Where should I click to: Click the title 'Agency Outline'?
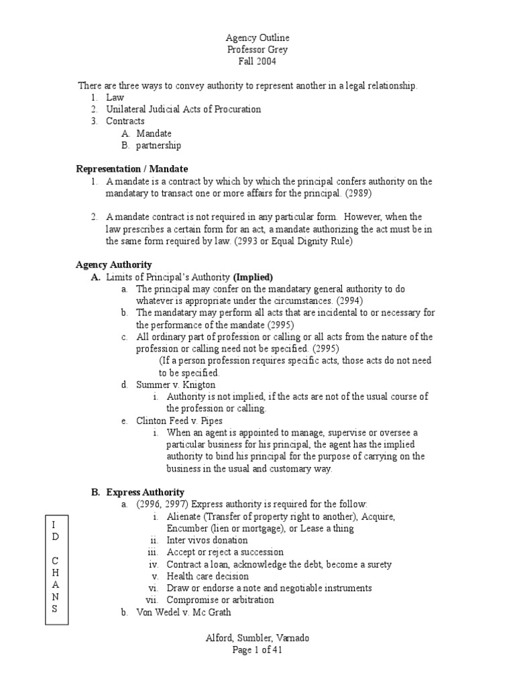[x=257, y=38]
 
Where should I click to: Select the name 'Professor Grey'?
[x=257, y=50]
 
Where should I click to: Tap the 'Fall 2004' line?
[x=257, y=62]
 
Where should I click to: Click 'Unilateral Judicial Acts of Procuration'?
[x=183, y=109]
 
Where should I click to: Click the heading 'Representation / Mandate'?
[x=132, y=169]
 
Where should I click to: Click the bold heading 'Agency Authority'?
[x=114, y=265]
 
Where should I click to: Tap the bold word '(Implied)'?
[x=253, y=277]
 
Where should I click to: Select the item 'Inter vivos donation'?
[x=207, y=540]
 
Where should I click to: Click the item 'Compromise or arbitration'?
[x=221, y=600]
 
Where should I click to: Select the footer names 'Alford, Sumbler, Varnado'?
[x=257, y=638]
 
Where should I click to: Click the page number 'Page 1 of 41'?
[x=257, y=650]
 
